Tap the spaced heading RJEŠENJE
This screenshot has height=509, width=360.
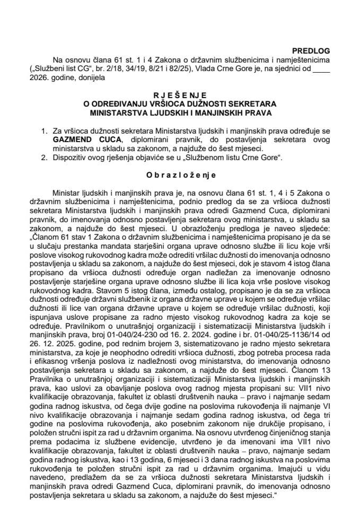coord(180,94)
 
